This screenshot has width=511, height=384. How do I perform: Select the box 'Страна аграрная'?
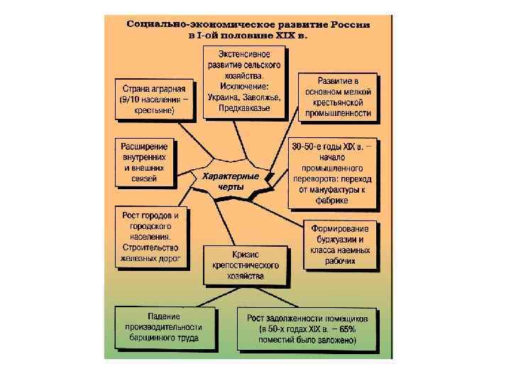[153, 100]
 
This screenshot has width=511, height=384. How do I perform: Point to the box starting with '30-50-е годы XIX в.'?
[334, 174]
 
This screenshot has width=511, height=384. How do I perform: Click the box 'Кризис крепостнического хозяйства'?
[245, 265]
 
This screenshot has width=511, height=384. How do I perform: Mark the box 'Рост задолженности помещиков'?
[307, 328]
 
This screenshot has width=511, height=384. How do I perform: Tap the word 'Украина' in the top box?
[226, 97]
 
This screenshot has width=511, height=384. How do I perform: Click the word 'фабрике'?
[334, 201]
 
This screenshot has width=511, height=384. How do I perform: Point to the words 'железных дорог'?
[151, 258]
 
